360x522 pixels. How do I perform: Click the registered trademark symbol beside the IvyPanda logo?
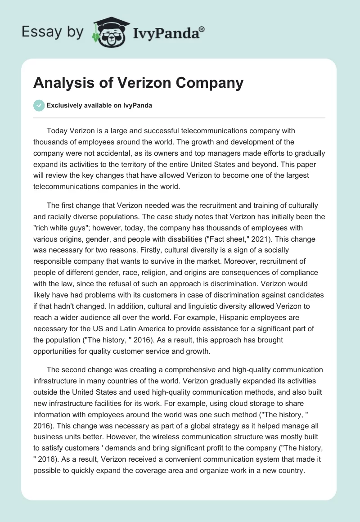point(202,29)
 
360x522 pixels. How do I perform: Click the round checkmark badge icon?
point(39,105)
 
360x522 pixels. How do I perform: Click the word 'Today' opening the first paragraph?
point(56,130)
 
